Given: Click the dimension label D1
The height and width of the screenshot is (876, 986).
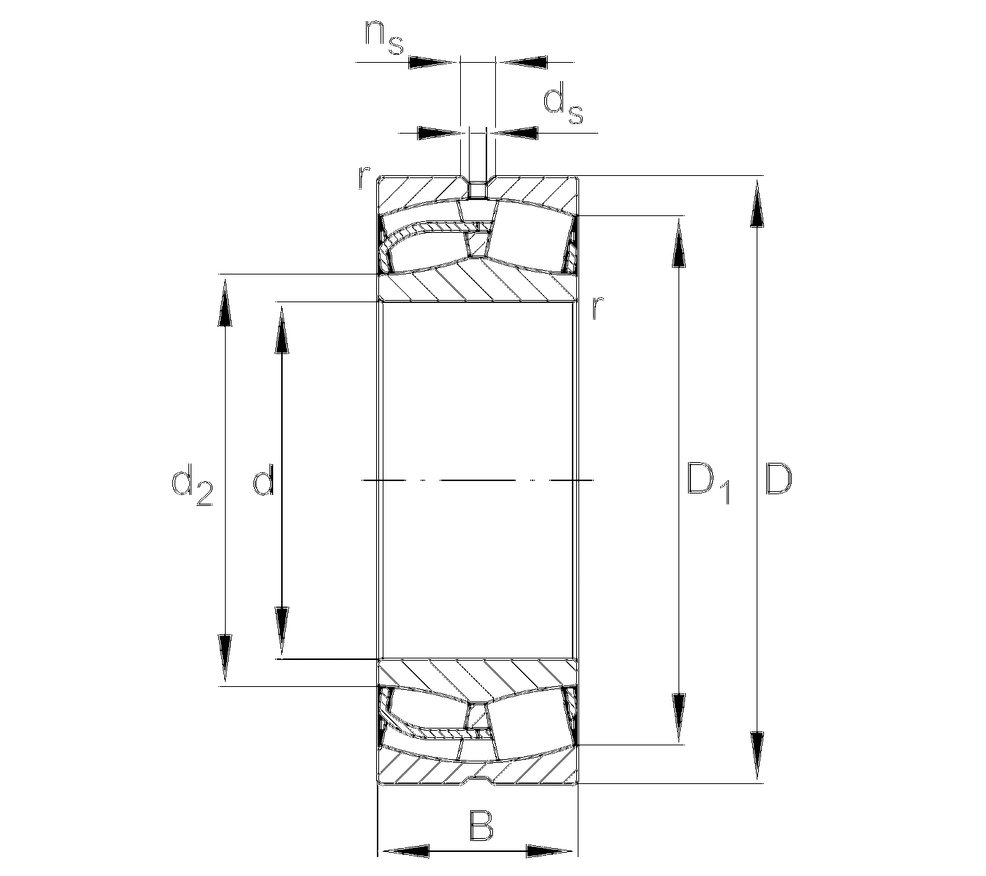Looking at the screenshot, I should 708,483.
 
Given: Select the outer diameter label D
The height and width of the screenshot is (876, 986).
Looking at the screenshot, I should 778,480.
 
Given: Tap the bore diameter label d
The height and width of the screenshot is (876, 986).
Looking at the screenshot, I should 263,482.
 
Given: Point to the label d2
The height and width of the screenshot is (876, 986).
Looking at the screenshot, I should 191,485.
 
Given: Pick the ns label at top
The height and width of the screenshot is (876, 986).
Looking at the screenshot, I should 384,39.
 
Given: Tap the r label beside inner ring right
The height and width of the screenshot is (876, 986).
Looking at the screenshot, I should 597,309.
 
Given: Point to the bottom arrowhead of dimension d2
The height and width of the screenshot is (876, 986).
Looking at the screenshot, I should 225,659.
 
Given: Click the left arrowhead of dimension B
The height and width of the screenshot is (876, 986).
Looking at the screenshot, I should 405,851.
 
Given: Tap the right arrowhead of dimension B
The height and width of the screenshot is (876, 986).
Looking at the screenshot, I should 550,851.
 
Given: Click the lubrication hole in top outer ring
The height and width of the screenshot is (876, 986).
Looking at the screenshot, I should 478,188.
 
